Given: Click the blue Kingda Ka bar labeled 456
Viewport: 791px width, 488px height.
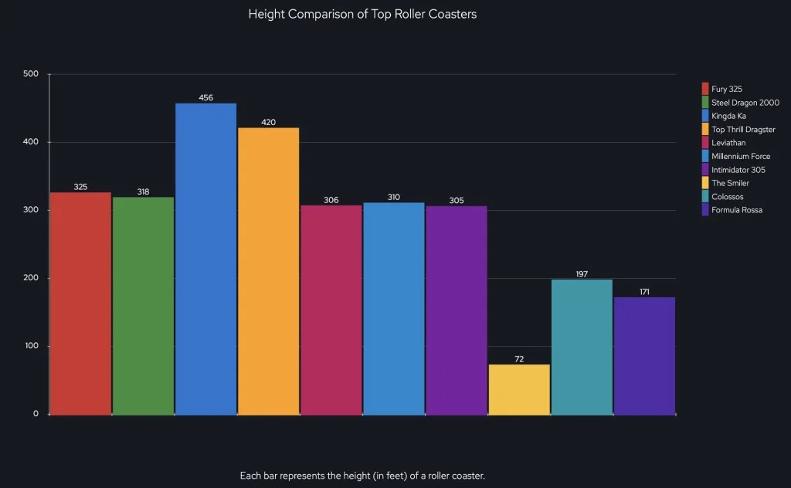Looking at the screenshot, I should pos(205,259).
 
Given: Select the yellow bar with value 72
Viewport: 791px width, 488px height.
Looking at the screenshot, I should pos(519,389).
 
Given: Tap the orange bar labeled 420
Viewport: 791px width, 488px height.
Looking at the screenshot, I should pos(268,271).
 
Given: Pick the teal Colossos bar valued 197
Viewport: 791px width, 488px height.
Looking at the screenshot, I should pos(582,347).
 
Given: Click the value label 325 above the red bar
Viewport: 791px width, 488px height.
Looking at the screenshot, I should pos(80,187).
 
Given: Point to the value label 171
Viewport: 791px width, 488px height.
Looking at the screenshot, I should pos(644,292).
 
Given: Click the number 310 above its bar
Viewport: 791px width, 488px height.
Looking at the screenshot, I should pos(393,197).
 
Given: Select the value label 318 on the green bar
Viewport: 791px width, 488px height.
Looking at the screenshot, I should pos(143,191).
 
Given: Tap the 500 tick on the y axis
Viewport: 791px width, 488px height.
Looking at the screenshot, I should pos(31,74).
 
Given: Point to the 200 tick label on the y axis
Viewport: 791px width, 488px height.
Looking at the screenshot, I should pos(31,278).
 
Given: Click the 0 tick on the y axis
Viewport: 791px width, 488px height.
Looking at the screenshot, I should pos(36,414).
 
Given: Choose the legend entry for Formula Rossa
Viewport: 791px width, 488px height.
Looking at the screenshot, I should pos(736,210).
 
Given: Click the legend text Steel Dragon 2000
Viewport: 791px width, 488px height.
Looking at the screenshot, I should pos(745,103).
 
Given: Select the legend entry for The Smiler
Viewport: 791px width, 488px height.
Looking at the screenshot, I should pos(730,183).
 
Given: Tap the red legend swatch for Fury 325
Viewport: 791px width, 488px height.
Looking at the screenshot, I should pos(705,89).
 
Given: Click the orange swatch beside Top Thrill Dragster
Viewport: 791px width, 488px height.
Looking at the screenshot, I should pos(705,130).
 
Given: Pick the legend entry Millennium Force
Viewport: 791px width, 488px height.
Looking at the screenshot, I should pos(740,156).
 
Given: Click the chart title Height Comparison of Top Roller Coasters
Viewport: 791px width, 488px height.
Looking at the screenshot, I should pos(362,14).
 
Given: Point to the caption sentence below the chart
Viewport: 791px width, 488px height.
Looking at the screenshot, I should pos(362,475).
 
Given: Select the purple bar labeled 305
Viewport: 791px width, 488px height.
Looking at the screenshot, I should pos(457,310).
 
